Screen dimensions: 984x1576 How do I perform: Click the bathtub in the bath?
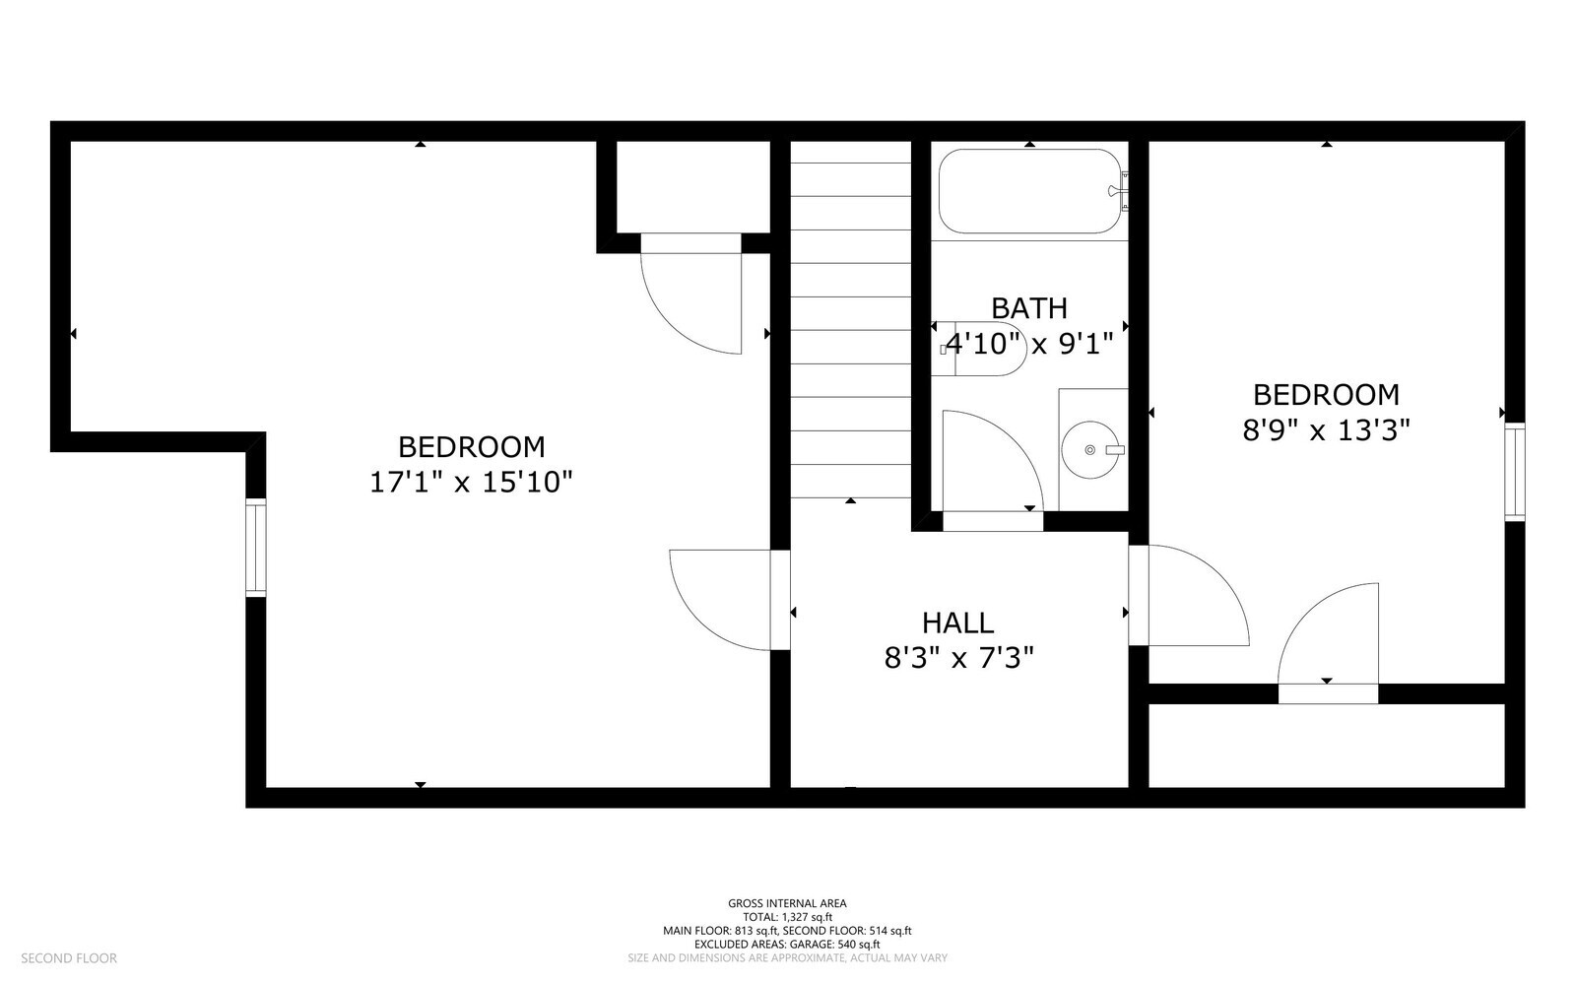(1029, 191)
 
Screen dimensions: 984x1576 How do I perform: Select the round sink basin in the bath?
(1090, 450)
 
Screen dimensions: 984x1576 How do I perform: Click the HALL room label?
(957, 623)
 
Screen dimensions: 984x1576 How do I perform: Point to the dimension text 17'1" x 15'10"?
(471, 483)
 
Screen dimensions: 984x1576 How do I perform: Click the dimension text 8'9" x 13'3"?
(1326, 430)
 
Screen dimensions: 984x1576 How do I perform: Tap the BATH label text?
(1029, 308)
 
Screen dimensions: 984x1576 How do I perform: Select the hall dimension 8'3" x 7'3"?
(957, 658)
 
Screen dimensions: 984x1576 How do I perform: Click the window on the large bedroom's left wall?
(256, 549)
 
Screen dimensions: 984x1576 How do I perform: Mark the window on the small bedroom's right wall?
(1514, 472)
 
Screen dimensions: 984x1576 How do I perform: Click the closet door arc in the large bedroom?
(689, 295)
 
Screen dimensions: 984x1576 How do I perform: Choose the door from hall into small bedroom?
(1192, 596)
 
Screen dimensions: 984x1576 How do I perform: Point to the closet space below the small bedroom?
(1326, 746)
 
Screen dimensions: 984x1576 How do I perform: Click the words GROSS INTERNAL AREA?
(787, 903)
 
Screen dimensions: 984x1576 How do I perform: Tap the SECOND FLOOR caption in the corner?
(69, 958)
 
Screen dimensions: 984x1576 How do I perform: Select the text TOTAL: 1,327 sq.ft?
(787, 917)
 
